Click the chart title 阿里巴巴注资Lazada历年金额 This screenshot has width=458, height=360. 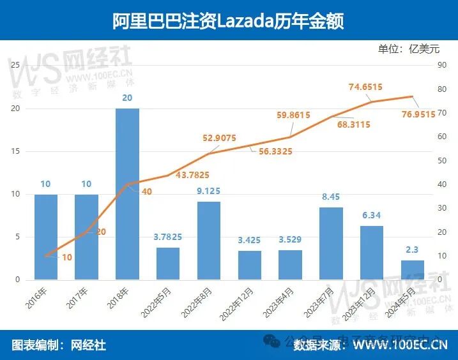[x=228, y=20]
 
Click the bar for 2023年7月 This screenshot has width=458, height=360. [x=331, y=243]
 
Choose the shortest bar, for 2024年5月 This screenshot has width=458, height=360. [x=412, y=269]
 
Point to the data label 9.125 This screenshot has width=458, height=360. [x=209, y=190]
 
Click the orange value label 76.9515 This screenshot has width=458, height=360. [x=415, y=114]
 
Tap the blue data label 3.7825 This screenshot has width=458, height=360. [x=168, y=237]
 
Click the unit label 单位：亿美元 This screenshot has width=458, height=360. [x=409, y=49]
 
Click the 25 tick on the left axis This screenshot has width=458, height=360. [x=17, y=65]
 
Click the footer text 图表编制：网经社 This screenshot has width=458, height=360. [x=59, y=345]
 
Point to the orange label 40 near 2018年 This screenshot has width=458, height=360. [x=146, y=191]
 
